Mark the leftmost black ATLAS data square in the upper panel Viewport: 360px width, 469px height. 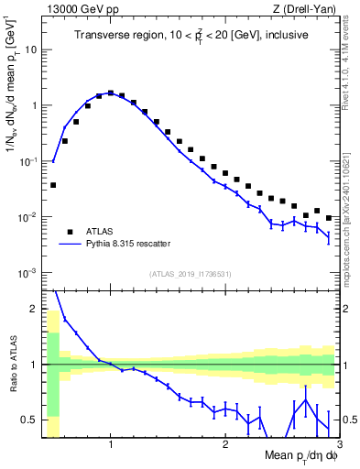point(53,185)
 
